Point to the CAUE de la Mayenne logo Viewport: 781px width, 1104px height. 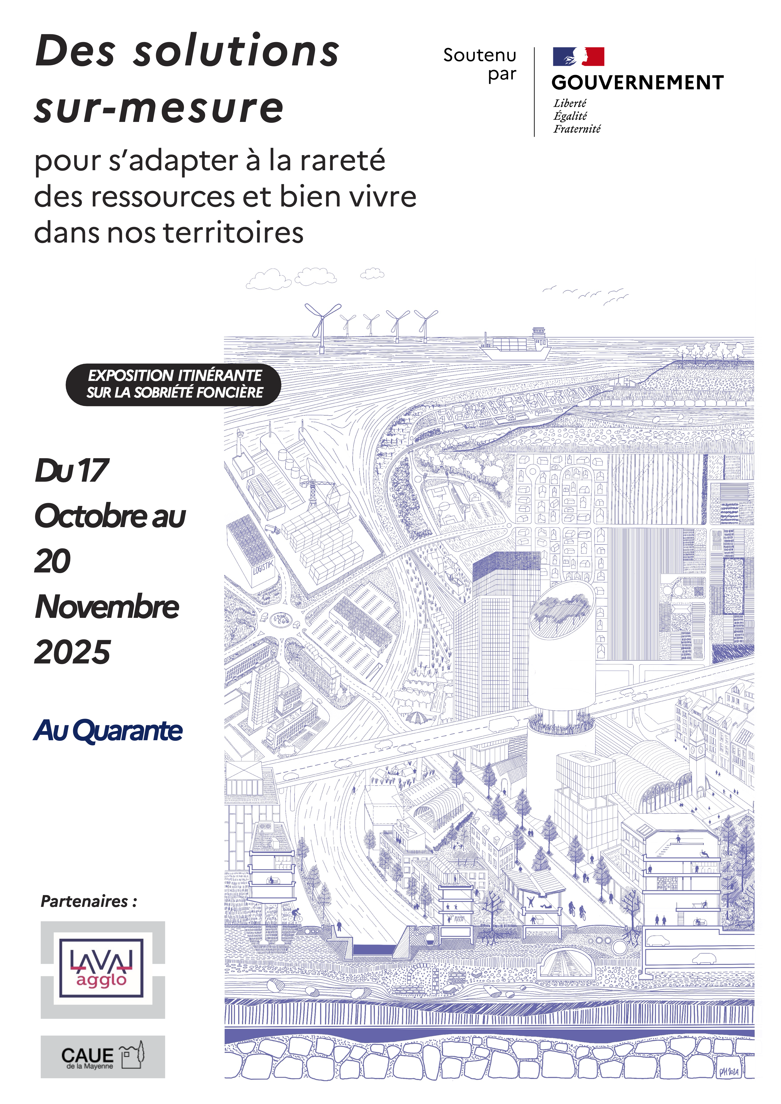coord(102,1056)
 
